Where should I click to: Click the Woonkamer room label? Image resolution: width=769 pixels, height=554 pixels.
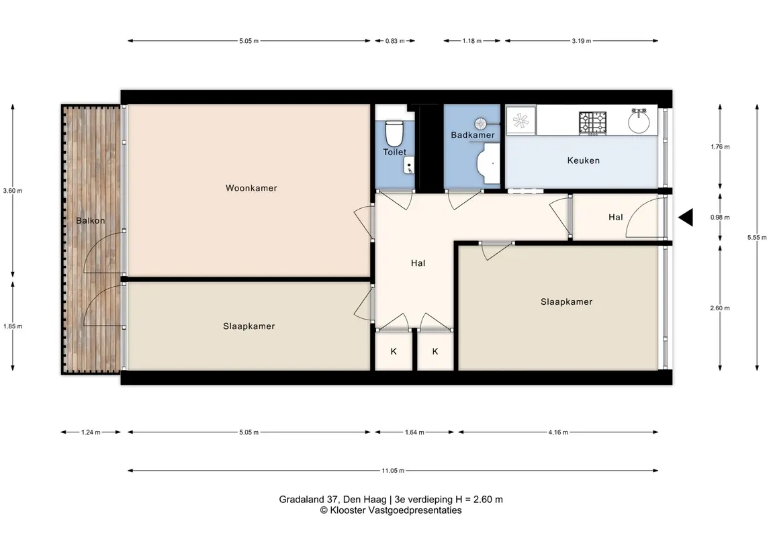coord(251,188)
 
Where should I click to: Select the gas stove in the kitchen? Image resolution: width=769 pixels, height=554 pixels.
coord(592,123)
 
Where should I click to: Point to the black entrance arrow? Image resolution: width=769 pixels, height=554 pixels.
coord(686,217)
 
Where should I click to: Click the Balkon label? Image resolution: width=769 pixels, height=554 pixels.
coord(91,221)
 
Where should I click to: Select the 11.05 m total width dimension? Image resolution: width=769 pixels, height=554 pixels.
coord(393,471)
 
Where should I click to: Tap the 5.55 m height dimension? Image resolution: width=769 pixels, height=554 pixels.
coord(757,237)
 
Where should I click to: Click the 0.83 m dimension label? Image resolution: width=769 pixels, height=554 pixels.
coord(395,41)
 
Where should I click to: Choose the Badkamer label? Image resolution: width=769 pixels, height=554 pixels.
coord(473,136)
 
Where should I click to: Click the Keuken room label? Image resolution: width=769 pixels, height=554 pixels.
coord(583,160)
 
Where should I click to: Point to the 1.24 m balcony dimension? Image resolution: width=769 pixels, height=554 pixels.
coord(91,432)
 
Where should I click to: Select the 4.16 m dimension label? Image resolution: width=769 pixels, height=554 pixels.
coord(558,432)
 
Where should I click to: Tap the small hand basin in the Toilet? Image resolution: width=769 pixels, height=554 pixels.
coord(410,165)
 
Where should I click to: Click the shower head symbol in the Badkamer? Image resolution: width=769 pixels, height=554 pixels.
coord(480,123)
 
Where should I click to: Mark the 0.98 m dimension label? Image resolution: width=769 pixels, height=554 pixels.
coord(720,217)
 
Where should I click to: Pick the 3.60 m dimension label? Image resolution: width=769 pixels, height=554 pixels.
coord(13,191)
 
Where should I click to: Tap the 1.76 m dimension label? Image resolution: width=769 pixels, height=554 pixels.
coord(720,146)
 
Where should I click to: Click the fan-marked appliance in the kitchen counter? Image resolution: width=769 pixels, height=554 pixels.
coord(521,121)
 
